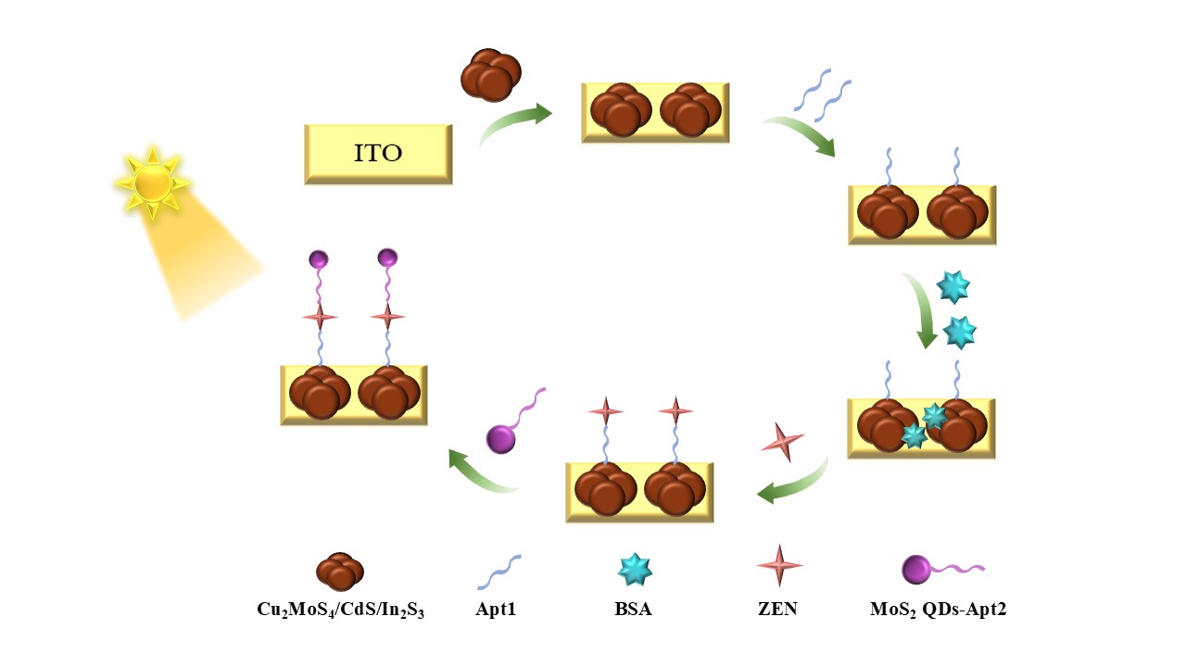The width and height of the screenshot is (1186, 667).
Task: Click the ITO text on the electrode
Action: pos(378,153)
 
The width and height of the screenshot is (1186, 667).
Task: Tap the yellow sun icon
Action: pos(152,183)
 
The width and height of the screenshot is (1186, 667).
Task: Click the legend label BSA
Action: pos(635,610)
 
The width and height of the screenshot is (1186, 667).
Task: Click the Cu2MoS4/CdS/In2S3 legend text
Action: pos(340,610)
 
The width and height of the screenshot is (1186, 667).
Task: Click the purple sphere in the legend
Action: pos(916,569)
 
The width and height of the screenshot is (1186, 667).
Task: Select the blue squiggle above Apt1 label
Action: pos(499,572)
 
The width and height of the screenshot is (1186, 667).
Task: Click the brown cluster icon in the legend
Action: pos(340,572)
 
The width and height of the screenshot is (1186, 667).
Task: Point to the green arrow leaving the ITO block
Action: pos(514,124)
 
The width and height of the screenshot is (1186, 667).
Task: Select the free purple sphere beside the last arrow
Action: pos(501,438)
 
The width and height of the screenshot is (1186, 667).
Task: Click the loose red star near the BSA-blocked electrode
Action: pos(782,442)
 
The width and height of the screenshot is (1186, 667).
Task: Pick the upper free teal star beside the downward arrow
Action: pos(953,287)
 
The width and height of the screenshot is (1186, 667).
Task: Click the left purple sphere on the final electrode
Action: pos(319,258)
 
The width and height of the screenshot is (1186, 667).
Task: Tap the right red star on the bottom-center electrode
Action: pos(675,410)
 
